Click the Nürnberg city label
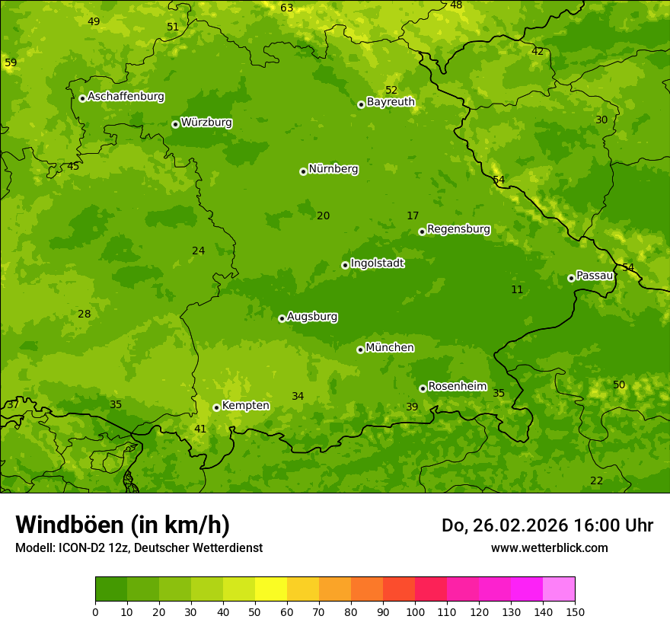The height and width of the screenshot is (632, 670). pyautogui.click(x=333, y=169)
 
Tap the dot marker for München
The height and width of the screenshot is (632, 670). pyautogui.click(x=360, y=350)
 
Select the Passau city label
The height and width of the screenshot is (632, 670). pyautogui.click(x=595, y=276)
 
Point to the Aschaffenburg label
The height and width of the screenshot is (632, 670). pyautogui.click(x=126, y=97)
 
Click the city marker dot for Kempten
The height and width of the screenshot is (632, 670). pyautogui.click(x=216, y=407)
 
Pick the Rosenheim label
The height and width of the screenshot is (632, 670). pyautogui.click(x=457, y=387)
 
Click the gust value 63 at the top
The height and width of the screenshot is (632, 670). pyautogui.click(x=286, y=8)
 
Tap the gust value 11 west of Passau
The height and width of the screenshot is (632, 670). pyautogui.click(x=517, y=289)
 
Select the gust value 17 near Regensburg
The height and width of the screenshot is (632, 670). pyautogui.click(x=413, y=216)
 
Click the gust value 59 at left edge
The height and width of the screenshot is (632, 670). pyautogui.click(x=11, y=62)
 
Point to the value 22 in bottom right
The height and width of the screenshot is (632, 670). pyautogui.click(x=596, y=480)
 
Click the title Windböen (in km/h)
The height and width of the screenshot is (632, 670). pyautogui.click(x=123, y=525)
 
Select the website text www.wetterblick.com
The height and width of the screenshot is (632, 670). pyautogui.click(x=549, y=547)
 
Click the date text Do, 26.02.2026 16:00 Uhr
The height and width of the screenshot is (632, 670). pyautogui.click(x=547, y=525)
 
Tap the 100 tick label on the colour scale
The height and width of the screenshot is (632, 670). pyautogui.click(x=415, y=611)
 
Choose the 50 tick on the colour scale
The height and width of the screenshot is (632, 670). pyautogui.click(x=255, y=611)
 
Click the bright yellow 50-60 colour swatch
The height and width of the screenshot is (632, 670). pyautogui.click(x=271, y=589)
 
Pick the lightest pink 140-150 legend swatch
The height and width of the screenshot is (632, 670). pyautogui.click(x=559, y=589)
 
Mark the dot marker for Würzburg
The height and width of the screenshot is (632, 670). pyautogui.click(x=175, y=124)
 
